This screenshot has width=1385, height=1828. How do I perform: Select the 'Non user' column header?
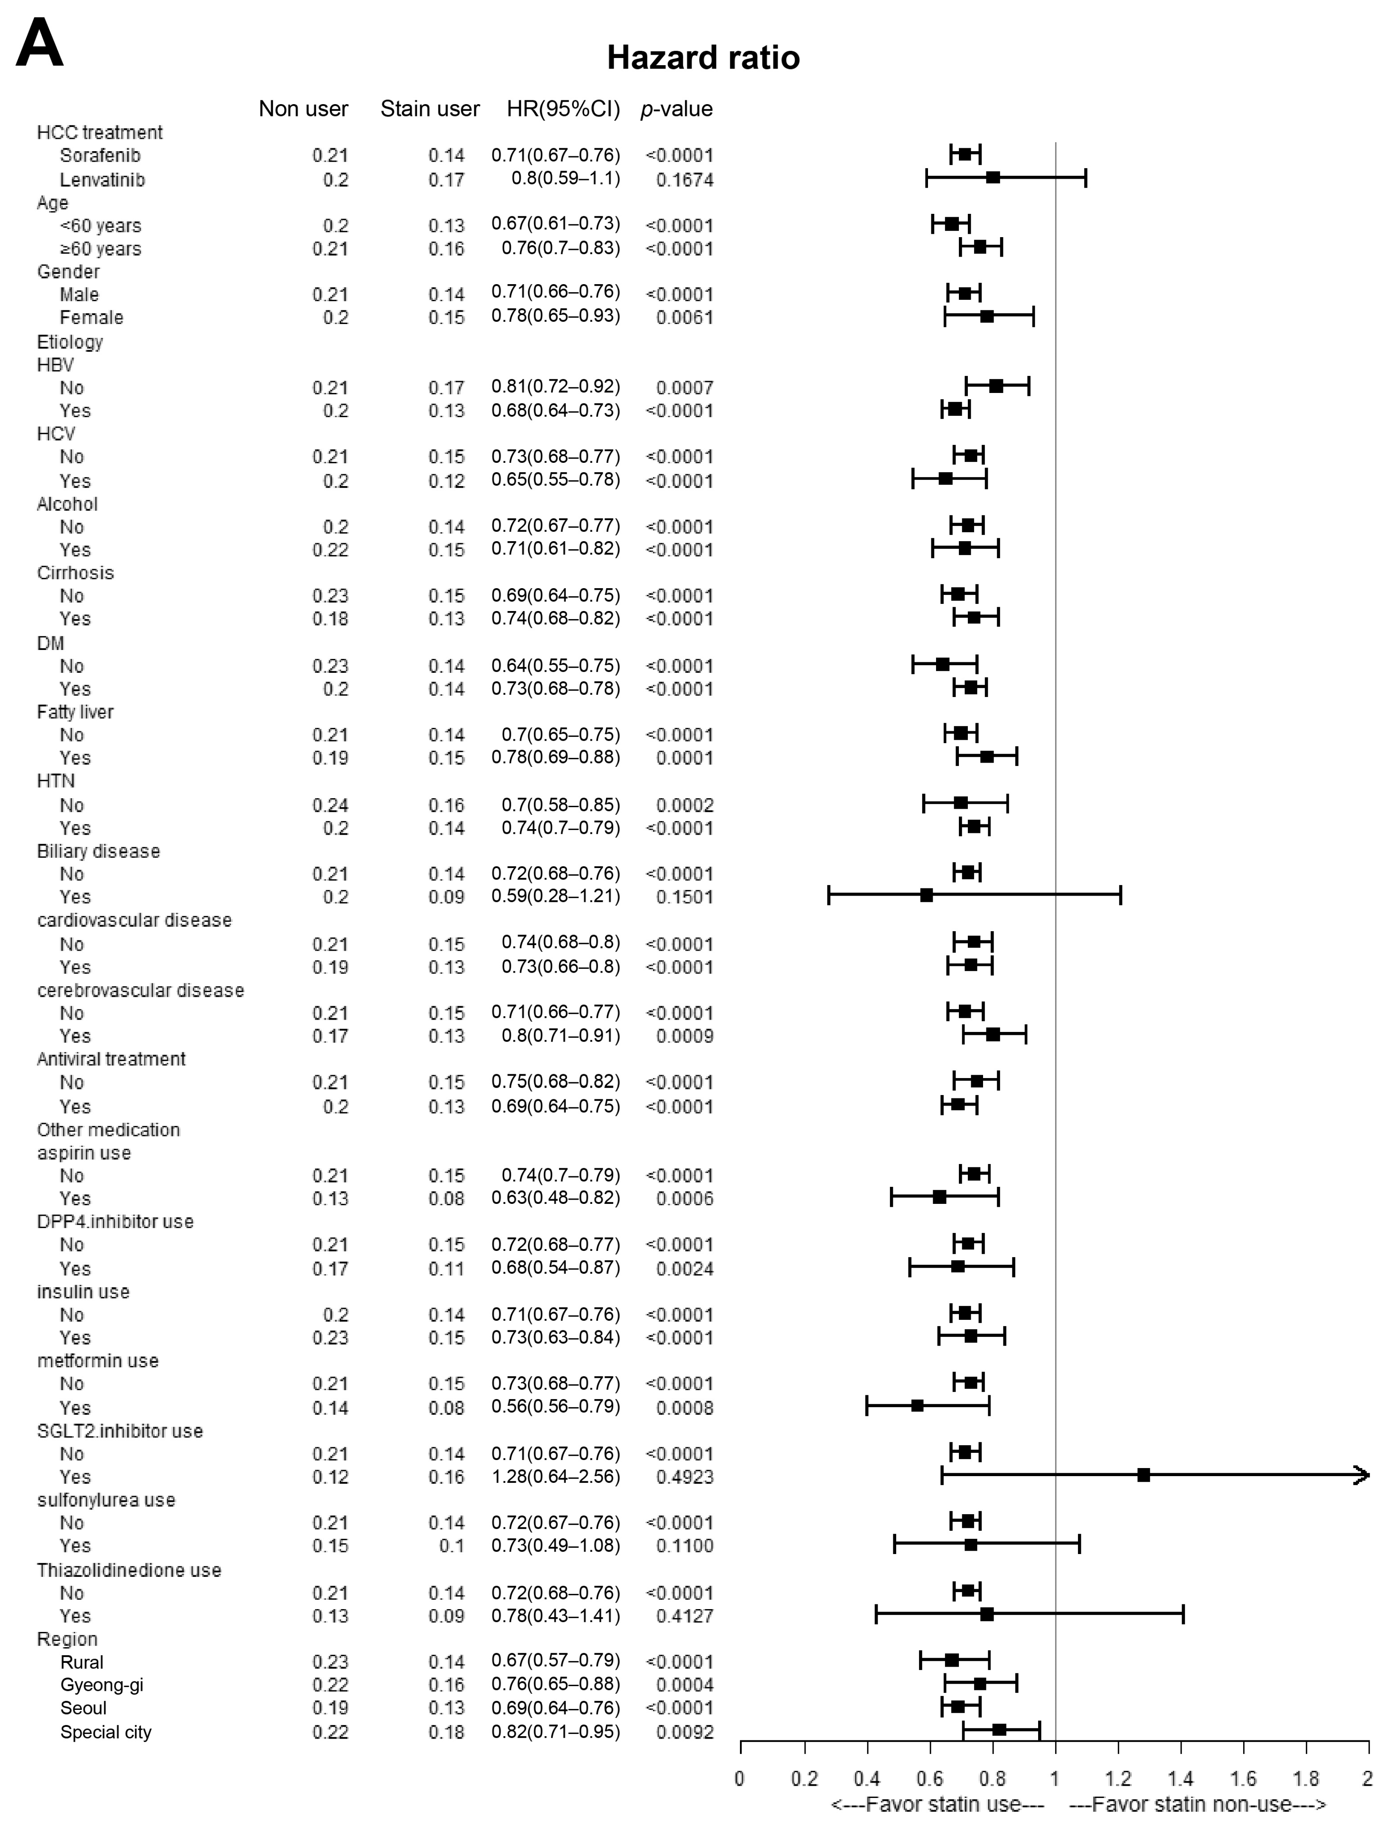tap(303, 109)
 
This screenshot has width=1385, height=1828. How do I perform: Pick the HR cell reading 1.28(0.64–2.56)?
tap(555, 1476)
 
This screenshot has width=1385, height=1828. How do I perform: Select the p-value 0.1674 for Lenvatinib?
tap(684, 180)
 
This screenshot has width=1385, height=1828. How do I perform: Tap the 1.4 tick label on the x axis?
tap(1181, 1778)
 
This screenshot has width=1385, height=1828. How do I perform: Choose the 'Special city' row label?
tap(106, 1732)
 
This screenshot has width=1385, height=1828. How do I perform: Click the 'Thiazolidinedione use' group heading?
tap(129, 1570)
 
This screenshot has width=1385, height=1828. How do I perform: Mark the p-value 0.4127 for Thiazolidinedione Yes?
tap(684, 1616)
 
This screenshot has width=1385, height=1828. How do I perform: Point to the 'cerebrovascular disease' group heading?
tap(141, 990)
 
